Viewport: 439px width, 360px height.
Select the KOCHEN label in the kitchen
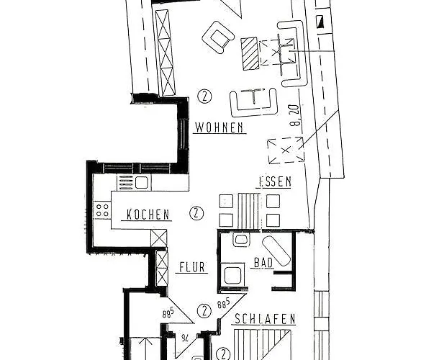[x=148, y=215]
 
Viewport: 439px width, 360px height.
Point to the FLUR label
[x=191, y=267]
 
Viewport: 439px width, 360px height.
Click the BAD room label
[x=263, y=264]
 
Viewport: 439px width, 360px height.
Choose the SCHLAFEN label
[x=265, y=318]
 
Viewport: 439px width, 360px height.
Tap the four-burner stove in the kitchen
[x=102, y=211]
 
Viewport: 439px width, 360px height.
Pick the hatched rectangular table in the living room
[x=250, y=53]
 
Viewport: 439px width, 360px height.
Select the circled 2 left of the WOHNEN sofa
[x=206, y=96]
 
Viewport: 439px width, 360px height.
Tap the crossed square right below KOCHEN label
[x=159, y=238]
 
